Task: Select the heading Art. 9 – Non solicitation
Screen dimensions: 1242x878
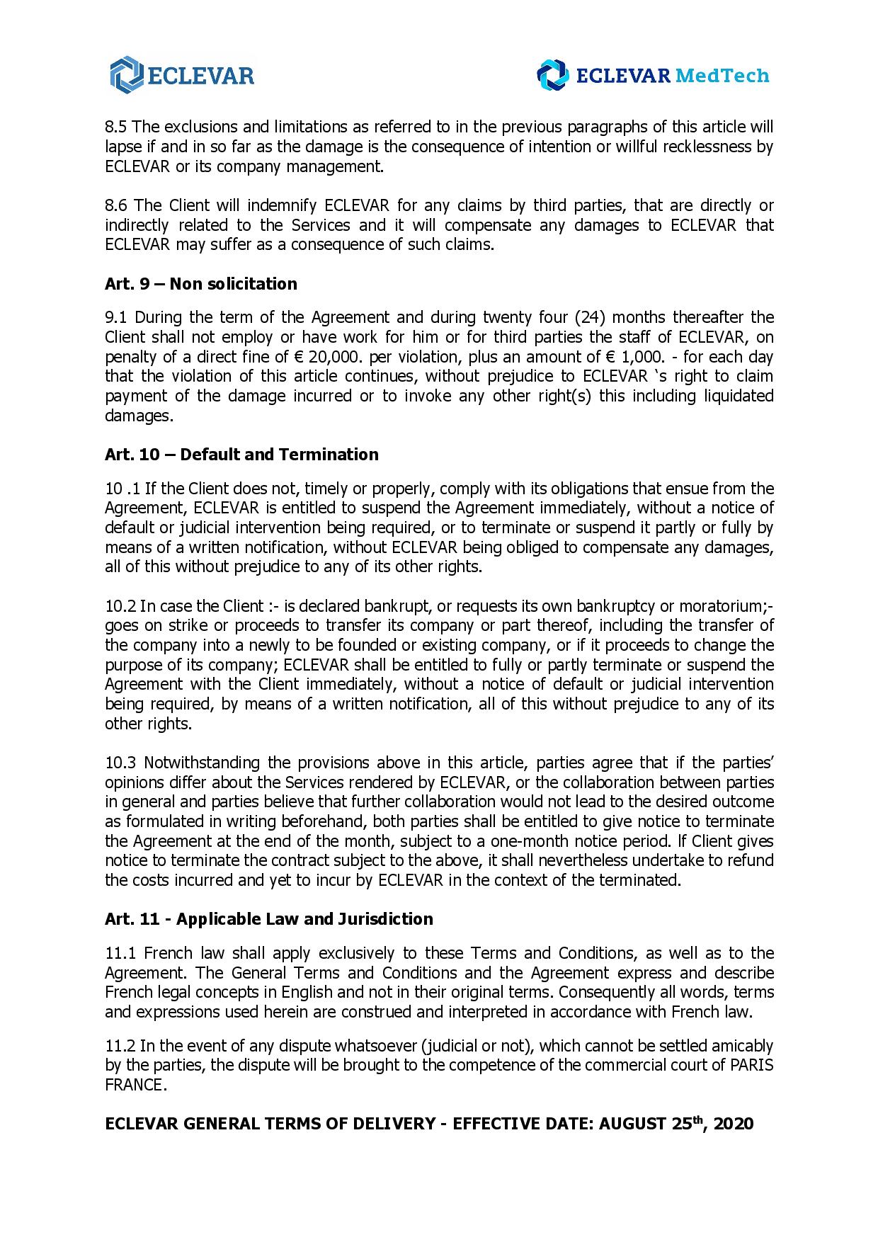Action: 201,284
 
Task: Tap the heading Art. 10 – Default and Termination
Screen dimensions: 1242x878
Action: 241,455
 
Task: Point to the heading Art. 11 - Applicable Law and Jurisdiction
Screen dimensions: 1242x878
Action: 269,919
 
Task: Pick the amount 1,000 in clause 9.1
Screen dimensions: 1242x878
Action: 646,356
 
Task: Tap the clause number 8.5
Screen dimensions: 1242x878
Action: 116,127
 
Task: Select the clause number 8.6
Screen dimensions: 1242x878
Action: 116,206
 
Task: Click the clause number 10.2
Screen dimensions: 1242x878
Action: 120,606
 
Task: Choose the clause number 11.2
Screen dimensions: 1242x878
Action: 120,1046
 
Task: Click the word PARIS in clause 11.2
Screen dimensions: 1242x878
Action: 752,1066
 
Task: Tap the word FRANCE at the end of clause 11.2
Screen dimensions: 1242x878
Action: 134,1086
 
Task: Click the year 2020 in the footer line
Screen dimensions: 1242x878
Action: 734,1124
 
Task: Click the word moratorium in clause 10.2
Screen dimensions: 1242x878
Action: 720,606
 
